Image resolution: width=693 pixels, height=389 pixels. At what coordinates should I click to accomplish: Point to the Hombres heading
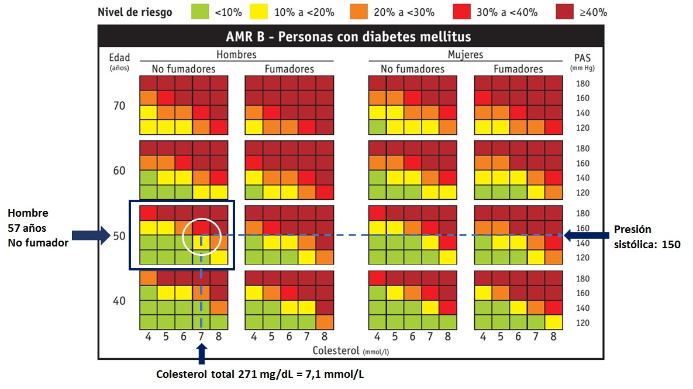click(x=236, y=54)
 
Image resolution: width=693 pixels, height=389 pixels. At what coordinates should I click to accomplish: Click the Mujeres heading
click(x=465, y=54)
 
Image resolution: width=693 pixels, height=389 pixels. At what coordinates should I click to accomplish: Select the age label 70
click(x=119, y=106)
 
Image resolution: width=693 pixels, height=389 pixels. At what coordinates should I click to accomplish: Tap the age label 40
click(x=119, y=301)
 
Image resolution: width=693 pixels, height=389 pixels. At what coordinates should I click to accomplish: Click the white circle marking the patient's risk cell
click(x=201, y=237)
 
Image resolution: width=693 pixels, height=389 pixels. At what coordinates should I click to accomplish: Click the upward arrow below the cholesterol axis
click(x=202, y=353)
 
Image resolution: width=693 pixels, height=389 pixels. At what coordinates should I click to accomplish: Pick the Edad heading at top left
click(x=119, y=57)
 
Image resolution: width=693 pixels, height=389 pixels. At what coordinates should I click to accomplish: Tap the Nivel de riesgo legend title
click(x=135, y=12)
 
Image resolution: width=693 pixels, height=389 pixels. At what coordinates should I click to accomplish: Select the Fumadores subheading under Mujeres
click(x=518, y=69)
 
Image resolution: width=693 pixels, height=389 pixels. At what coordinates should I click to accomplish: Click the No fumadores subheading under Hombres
click(x=183, y=69)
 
